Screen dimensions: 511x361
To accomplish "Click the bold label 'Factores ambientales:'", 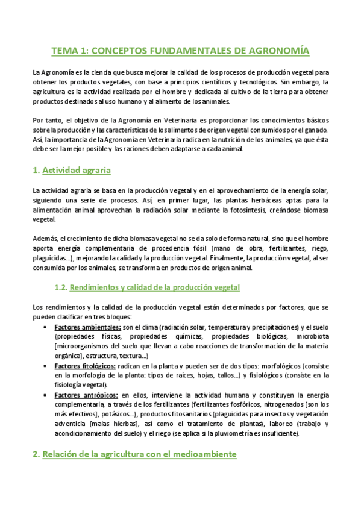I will pyautogui.click(x=87, y=327).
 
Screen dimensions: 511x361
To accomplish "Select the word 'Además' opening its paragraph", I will pyautogui.click(x=45, y=239).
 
